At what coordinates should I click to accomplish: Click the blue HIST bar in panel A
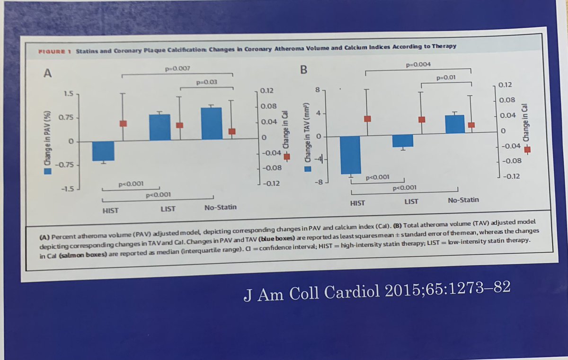[103, 151]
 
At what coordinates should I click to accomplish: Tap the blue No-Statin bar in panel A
[211, 123]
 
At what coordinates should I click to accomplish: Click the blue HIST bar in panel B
[351, 155]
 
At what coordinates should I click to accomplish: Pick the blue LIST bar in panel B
[403, 141]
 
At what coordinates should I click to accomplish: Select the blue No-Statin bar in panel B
[454, 123]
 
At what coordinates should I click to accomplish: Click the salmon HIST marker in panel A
[123, 123]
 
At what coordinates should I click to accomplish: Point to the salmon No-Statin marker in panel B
[471, 125]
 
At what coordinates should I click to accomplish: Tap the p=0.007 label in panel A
[177, 69]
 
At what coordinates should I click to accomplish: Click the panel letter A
[48, 73]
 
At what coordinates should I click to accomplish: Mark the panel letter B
[304, 70]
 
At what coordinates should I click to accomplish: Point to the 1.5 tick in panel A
[68, 94]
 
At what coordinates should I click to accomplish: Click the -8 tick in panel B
[319, 181]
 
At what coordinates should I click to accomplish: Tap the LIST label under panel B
[411, 201]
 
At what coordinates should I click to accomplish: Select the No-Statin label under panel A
[220, 208]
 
